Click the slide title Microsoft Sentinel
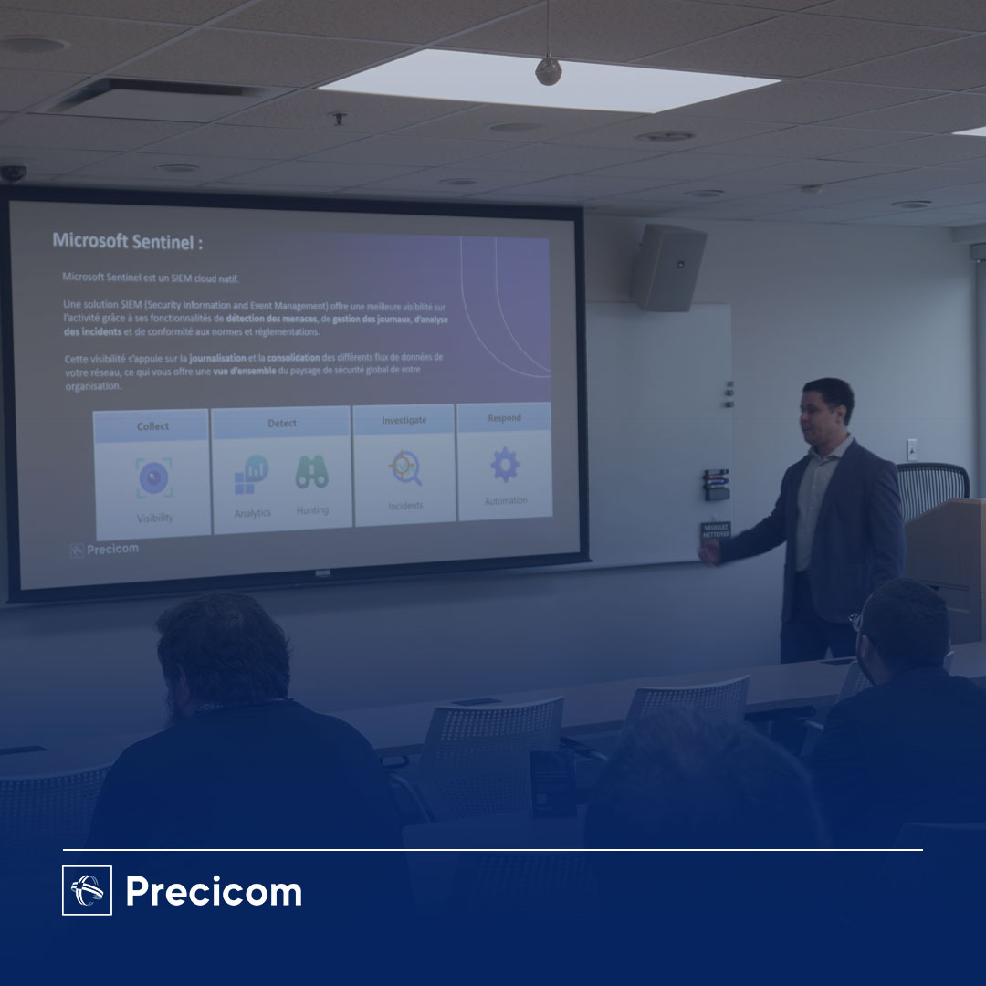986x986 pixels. pyautogui.click(x=127, y=241)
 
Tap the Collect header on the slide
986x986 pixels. pyautogui.click(x=152, y=426)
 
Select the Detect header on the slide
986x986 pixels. pyautogui.click(x=281, y=424)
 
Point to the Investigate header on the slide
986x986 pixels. pyautogui.click(x=404, y=420)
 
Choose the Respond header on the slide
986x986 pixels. pyautogui.click(x=504, y=418)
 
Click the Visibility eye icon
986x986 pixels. pyautogui.click(x=154, y=478)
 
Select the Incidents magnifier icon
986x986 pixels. pyautogui.click(x=404, y=468)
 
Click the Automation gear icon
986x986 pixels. pyautogui.click(x=505, y=465)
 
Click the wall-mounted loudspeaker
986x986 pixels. pyautogui.click(x=667, y=267)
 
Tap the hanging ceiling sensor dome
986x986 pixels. pyautogui.click(x=548, y=71)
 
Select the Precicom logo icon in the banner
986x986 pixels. pyautogui.click(x=87, y=890)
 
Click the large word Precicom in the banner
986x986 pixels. pyautogui.click(x=214, y=891)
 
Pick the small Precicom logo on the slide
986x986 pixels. pyautogui.click(x=104, y=550)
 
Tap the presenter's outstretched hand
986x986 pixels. pyautogui.click(x=708, y=552)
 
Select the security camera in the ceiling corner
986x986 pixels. pyautogui.click(x=13, y=173)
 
